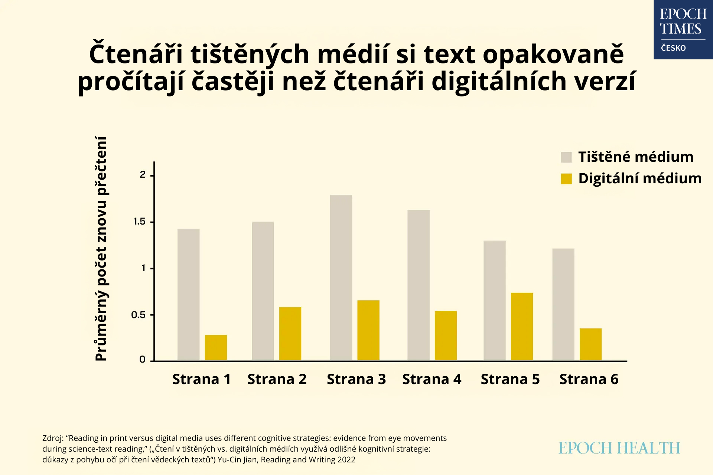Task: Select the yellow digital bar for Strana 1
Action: pyautogui.click(x=216, y=347)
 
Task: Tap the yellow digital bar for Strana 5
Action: pyautogui.click(x=522, y=326)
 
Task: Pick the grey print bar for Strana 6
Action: pyautogui.click(x=563, y=304)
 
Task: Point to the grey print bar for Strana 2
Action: pyautogui.click(x=263, y=291)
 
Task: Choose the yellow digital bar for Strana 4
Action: pyautogui.click(x=446, y=335)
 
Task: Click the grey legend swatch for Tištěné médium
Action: pyautogui.click(x=566, y=157)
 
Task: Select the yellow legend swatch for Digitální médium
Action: pyautogui.click(x=566, y=179)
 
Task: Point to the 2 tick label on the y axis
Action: pyautogui.click(x=143, y=175)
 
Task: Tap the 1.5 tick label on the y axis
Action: pyautogui.click(x=139, y=222)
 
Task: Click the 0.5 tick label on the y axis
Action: pyautogui.click(x=138, y=315)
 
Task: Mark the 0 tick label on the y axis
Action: pyautogui.click(x=142, y=359)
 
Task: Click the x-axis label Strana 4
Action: pyautogui.click(x=432, y=379)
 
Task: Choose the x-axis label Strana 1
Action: pyautogui.click(x=201, y=379)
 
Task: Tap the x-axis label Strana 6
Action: pyautogui.click(x=589, y=379)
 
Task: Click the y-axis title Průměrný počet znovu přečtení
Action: pyautogui.click(x=101, y=249)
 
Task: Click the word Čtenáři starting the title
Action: pyautogui.click(x=136, y=55)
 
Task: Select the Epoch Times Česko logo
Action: pyautogui.click(x=683, y=30)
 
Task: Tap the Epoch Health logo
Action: pyautogui.click(x=619, y=448)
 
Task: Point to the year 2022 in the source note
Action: pyautogui.click(x=346, y=460)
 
